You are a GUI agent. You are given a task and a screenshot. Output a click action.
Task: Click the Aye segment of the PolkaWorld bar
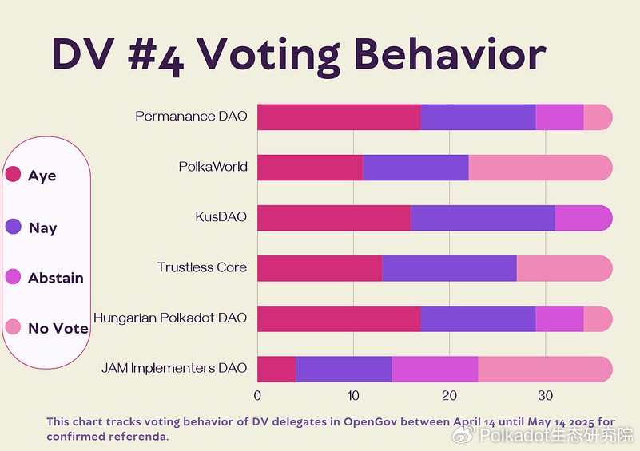pyautogui.click(x=310, y=168)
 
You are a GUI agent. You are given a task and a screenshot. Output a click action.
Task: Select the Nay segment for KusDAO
pyautogui.click(x=483, y=218)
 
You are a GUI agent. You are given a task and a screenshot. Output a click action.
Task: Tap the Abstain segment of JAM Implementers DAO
pyautogui.click(x=435, y=370)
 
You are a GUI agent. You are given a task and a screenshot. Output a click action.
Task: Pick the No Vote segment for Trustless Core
pyautogui.click(x=564, y=268)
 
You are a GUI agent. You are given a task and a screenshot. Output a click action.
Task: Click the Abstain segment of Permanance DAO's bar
pyautogui.click(x=559, y=117)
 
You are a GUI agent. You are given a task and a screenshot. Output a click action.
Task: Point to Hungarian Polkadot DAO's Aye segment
pyautogui.click(x=339, y=318)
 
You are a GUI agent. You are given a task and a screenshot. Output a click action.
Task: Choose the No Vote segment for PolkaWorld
pyautogui.click(x=540, y=168)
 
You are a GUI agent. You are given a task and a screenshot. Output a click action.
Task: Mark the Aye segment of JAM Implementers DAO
pyautogui.click(x=276, y=370)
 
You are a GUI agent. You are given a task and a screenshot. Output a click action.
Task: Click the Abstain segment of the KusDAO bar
pyautogui.click(x=584, y=218)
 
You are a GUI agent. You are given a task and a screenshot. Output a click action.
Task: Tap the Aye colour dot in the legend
pyautogui.click(x=13, y=174)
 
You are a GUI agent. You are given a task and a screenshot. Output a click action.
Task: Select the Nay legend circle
pyautogui.click(x=13, y=227)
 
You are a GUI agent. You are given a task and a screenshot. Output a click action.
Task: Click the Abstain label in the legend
pyautogui.click(x=56, y=278)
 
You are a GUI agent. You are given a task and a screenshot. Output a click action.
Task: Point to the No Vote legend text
pyautogui.click(x=58, y=329)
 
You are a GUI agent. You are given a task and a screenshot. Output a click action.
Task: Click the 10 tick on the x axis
pyautogui.click(x=353, y=396)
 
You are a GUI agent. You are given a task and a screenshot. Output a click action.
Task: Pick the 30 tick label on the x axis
pyautogui.click(x=545, y=396)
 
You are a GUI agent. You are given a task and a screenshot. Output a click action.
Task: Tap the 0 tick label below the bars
pyautogui.click(x=257, y=396)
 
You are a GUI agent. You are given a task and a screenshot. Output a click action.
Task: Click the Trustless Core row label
pyautogui.click(x=202, y=267)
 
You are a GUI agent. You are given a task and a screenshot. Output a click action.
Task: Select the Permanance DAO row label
pyautogui.click(x=191, y=117)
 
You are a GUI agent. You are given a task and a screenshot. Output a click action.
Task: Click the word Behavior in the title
pyautogui.click(x=451, y=54)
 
